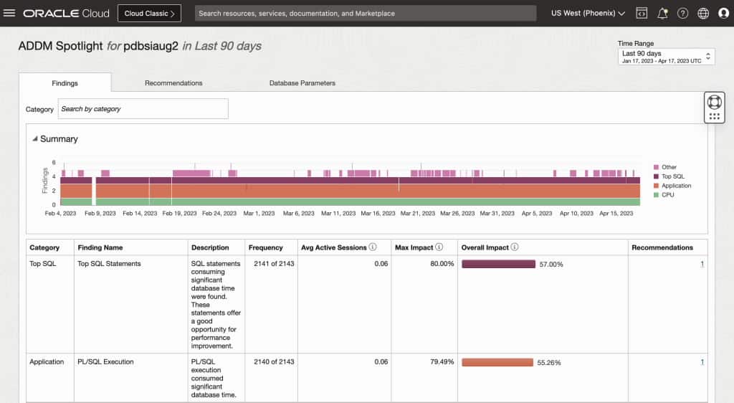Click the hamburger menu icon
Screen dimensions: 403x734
tap(9, 13)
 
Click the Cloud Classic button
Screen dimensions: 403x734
tap(149, 13)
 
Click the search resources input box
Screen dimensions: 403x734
tap(366, 13)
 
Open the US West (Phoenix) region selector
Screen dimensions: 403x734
tap(588, 13)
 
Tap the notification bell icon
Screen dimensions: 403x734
tap(662, 13)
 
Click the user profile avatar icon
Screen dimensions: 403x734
tap(723, 13)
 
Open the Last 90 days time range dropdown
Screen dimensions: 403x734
tap(666, 57)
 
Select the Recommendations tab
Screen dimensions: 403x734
tap(173, 83)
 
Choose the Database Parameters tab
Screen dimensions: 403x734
tap(302, 83)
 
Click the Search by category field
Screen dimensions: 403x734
tap(143, 109)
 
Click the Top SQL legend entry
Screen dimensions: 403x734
tap(672, 176)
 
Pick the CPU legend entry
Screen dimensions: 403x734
tap(667, 195)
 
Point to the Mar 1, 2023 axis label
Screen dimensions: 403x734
tap(259, 214)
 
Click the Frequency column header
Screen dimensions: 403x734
tap(266, 247)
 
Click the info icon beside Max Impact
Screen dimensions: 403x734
tap(439, 247)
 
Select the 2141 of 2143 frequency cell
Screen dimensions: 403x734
tap(274, 264)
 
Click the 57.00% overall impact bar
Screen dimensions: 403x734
tap(498, 264)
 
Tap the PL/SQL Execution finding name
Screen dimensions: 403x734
tap(105, 362)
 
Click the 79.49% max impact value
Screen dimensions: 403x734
tap(442, 362)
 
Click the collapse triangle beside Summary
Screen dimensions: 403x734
tap(35, 139)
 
